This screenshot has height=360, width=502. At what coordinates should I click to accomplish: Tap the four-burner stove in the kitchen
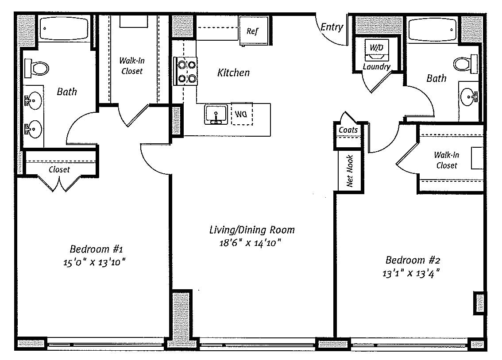tap(185, 71)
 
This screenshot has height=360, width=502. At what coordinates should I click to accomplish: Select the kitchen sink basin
tap(216, 114)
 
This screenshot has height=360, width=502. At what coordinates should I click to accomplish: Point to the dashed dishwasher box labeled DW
tap(242, 114)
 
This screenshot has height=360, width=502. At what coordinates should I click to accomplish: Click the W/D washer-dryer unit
tap(377, 50)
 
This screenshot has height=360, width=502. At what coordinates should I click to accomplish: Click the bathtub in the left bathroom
tap(65, 28)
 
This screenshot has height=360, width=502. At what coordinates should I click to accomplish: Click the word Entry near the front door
tap(332, 27)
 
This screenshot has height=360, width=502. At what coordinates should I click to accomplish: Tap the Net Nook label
tap(350, 171)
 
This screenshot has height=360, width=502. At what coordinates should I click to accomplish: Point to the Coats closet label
tap(348, 130)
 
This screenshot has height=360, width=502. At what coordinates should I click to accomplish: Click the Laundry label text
tap(376, 66)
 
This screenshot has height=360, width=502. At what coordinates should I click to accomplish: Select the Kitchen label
tap(233, 73)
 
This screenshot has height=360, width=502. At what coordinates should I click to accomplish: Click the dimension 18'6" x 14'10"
tap(250, 243)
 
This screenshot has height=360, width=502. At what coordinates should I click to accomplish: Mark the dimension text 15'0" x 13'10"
tap(94, 263)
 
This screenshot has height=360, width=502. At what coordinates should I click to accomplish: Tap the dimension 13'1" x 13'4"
tap(411, 274)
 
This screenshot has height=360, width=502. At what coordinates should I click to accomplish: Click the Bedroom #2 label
tap(413, 260)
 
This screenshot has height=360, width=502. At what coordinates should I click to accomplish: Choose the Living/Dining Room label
tap(252, 230)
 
